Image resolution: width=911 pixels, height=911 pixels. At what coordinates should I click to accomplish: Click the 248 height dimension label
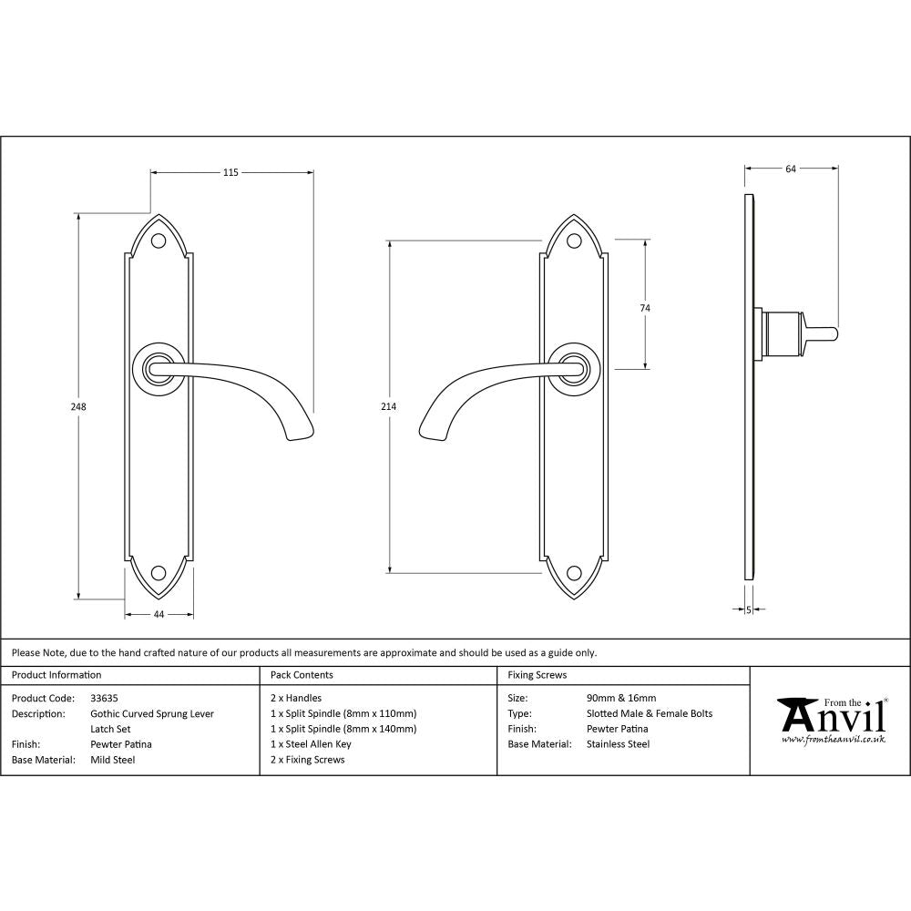click(79, 407)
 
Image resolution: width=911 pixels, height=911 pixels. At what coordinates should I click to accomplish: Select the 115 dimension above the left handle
click(230, 172)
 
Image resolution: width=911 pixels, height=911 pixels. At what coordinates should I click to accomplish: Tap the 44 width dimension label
click(159, 615)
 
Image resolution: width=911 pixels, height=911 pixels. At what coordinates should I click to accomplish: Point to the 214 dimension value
click(389, 407)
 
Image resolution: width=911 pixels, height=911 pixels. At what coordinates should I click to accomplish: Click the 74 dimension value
click(645, 308)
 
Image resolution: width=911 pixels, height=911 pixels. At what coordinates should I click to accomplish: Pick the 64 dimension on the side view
click(790, 169)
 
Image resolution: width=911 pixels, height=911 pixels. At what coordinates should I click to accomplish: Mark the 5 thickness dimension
click(749, 609)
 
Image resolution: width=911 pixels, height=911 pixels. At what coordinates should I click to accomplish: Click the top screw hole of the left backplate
click(159, 241)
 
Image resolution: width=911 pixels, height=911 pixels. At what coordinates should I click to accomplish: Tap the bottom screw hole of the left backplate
click(159, 572)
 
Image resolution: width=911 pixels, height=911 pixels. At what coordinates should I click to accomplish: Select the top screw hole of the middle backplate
click(574, 241)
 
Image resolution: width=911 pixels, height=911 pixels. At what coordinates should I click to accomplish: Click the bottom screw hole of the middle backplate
click(574, 572)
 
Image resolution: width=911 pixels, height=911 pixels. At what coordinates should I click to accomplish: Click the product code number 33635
click(105, 699)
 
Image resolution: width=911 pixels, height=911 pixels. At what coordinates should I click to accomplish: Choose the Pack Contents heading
click(302, 675)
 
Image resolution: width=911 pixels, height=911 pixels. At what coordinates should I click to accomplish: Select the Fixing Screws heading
click(537, 675)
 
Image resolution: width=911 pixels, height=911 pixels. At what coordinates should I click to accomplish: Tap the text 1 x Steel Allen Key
click(311, 744)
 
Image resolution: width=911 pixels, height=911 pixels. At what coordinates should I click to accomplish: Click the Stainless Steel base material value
click(619, 744)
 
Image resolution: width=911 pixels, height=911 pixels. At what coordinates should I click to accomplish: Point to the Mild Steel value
click(112, 760)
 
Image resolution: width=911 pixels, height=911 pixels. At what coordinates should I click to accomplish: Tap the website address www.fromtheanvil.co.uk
click(834, 741)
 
